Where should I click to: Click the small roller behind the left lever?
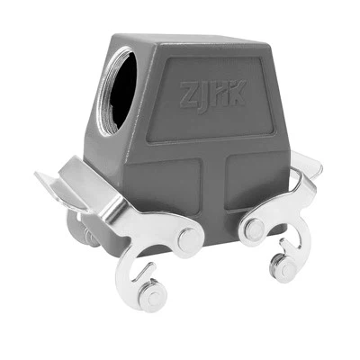pos(91,235)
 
